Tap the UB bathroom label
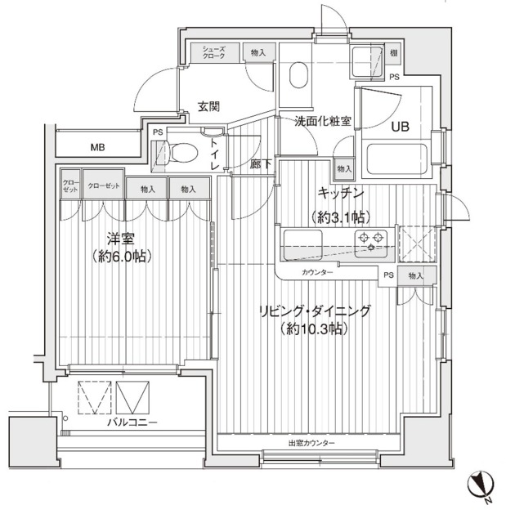pos(400,127)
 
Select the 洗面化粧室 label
pos(323,122)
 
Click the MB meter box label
pos(98,148)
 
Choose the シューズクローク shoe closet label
pos(215,52)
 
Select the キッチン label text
pos(340,193)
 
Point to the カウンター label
pos(316,272)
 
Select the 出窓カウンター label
pos(311,443)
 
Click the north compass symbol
pos(478,487)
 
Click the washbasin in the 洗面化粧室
pos(297,78)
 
